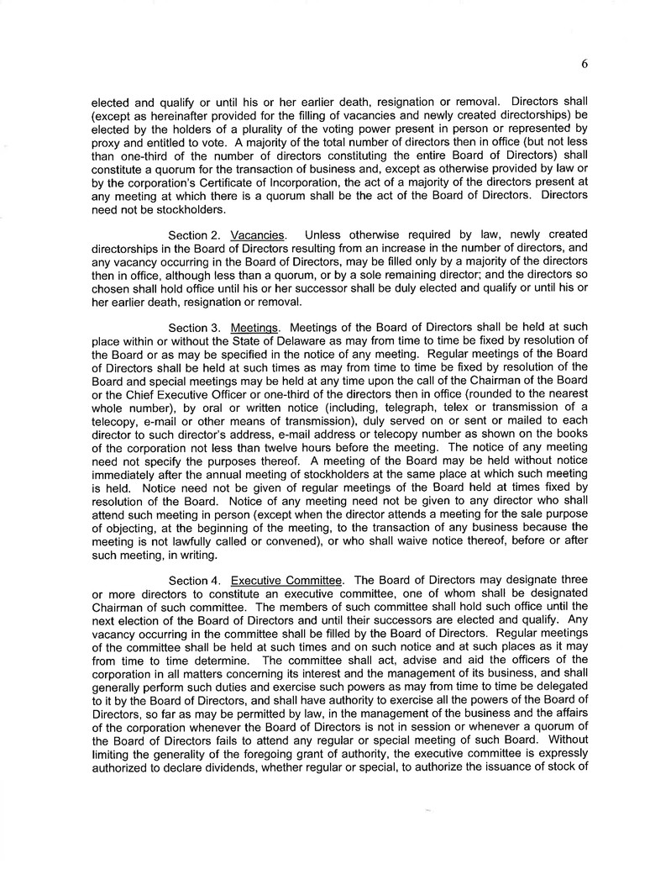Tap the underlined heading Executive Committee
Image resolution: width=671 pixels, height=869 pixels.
coord(286,580)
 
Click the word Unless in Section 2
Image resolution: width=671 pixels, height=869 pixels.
coord(323,233)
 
